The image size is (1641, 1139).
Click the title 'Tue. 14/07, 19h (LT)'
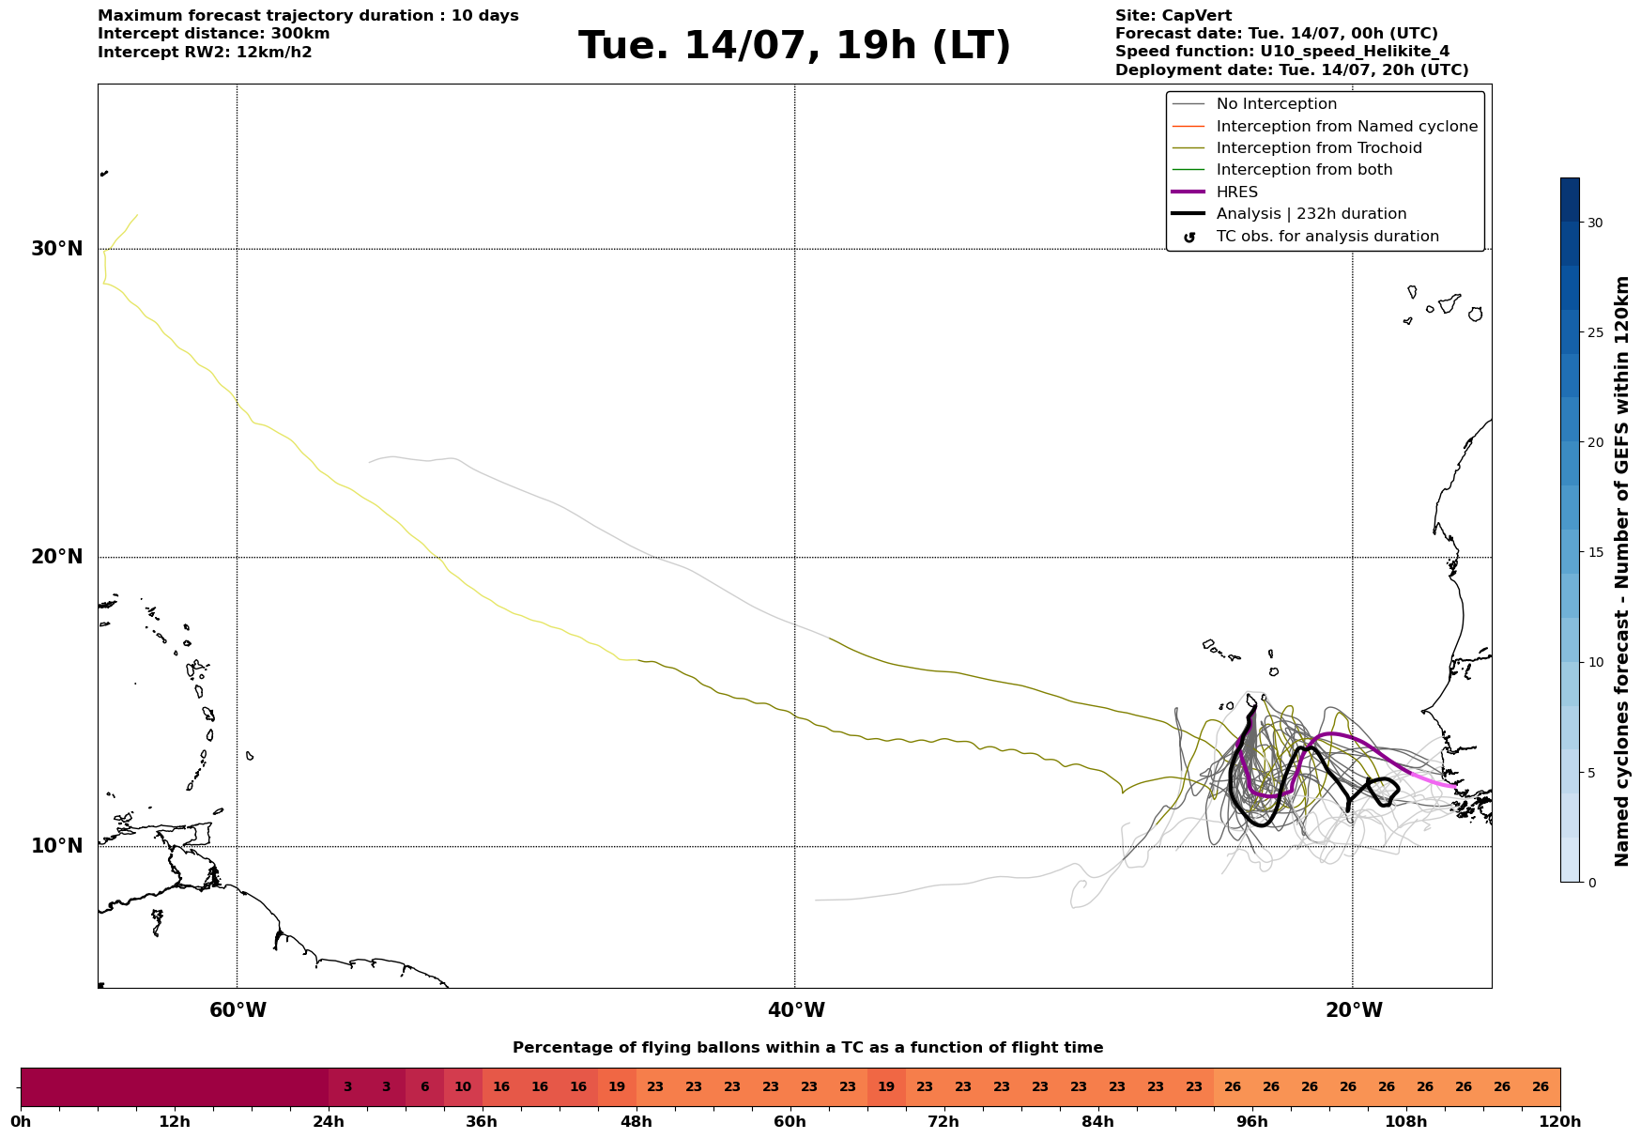pyautogui.click(x=794, y=46)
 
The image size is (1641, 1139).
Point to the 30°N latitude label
pyautogui.click(x=57, y=249)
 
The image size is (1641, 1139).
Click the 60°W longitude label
pyautogui.click(x=238, y=1010)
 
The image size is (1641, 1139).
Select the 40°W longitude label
pyautogui.click(x=796, y=1010)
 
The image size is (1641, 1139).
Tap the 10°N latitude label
pyautogui.click(x=57, y=846)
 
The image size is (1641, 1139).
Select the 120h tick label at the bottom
pyautogui.click(x=1560, y=1122)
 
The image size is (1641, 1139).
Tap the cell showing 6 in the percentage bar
pyautogui.click(x=424, y=1087)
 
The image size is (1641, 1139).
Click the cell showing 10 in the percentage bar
pyautogui.click(x=463, y=1087)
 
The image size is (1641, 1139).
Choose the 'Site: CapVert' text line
pyautogui.click(x=1173, y=16)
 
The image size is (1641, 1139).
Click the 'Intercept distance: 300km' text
pyautogui.click(x=214, y=34)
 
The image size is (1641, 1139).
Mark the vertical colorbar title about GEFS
pyautogui.click(x=1621, y=571)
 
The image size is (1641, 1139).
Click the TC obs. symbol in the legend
pyautogui.click(x=1189, y=238)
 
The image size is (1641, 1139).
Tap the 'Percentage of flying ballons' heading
pyautogui.click(x=807, y=1048)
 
